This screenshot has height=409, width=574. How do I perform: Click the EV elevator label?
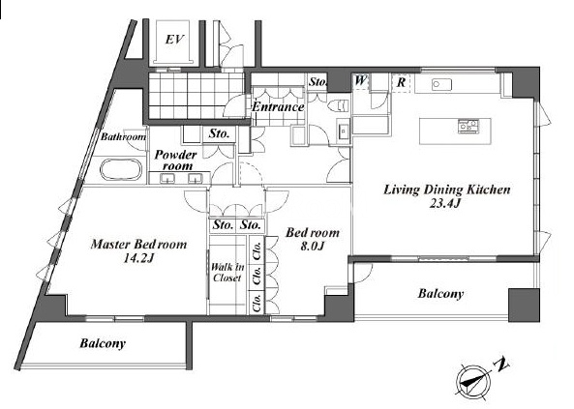[x=174, y=39]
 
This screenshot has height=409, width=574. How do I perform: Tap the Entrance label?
[x=278, y=106]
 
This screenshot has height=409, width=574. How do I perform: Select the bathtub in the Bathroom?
[x=121, y=169]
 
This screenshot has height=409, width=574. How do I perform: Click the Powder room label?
[x=175, y=160]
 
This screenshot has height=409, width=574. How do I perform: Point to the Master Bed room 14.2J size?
[x=138, y=258]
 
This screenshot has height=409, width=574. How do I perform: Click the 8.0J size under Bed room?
[x=312, y=247]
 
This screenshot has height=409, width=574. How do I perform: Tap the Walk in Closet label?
[x=227, y=273]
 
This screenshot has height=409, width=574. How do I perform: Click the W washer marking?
[x=360, y=80]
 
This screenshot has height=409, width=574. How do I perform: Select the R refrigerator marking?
[x=401, y=82]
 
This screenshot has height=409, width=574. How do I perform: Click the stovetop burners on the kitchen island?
[x=468, y=126]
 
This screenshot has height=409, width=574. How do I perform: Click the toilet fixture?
[x=337, y=105]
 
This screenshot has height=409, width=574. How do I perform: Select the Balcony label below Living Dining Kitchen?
[x=440, y=294]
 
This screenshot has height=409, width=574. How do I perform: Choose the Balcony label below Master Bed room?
[x=103, y=343]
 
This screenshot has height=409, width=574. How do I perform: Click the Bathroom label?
[x=123, y=137]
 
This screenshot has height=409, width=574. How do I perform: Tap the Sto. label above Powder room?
[x=219, y=133]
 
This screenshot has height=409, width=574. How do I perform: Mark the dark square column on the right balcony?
[x=524, y=306]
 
